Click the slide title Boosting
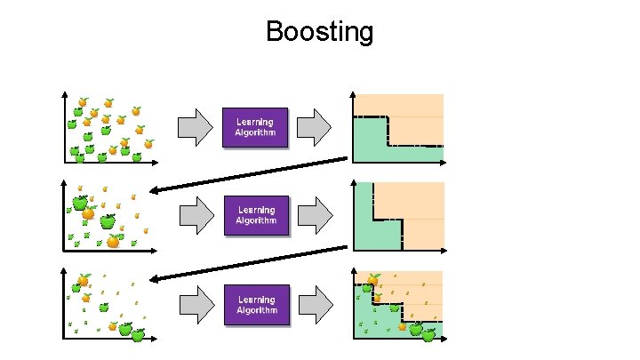coord(319,33)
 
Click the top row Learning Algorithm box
coord(255,128)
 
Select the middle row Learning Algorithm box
coord(256,215)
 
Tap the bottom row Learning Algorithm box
coord(256,304)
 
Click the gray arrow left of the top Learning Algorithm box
coord(196,128)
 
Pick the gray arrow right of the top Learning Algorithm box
coord(314,128)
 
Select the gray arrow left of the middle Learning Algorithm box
coord(196,215)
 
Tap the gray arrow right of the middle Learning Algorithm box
coord(314,215)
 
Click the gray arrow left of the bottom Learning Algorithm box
coord(196,304)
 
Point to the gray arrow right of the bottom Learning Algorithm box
coord(314,304)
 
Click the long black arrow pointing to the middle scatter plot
coord(249,174)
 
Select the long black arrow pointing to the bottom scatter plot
coord(249,263)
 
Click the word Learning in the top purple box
coord(255,123)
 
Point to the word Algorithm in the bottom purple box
coord(256,310)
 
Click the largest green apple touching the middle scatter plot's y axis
coord(80,203)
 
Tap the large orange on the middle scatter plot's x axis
coord(113,241)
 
